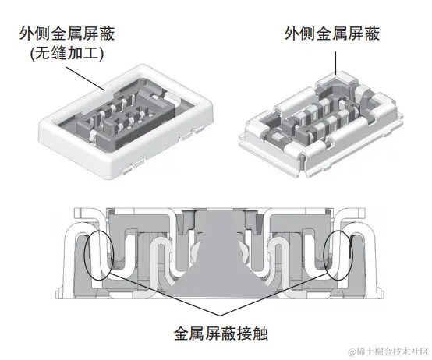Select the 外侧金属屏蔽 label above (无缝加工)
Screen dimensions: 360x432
62,34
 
